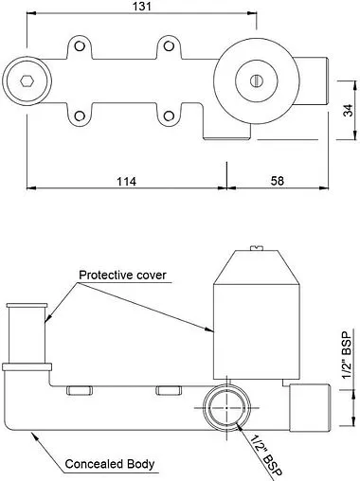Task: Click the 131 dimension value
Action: click(x=142, y=6)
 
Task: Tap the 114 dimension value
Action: click(x=127, y=182)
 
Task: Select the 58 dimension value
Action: click(x=278, y=181)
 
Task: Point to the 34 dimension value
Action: click(x=349, y=110)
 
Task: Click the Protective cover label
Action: click(x=122, y=275)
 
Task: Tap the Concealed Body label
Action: click(x=110, y=464)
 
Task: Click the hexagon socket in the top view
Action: click(x=27, y=80)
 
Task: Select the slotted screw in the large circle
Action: click(x=257, y=80)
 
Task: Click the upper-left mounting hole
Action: click(x=80, y=46)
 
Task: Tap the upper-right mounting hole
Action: click(x=169, y=46)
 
